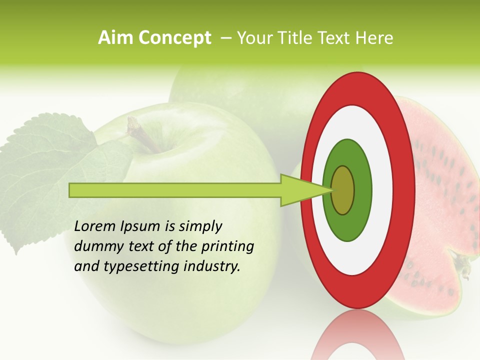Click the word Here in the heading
pyautogui.click(x=374, y=38)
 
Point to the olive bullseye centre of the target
pyautogui.click(x=343, y=190)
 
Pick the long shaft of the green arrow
pyautogui.click(x=175, y=190)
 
